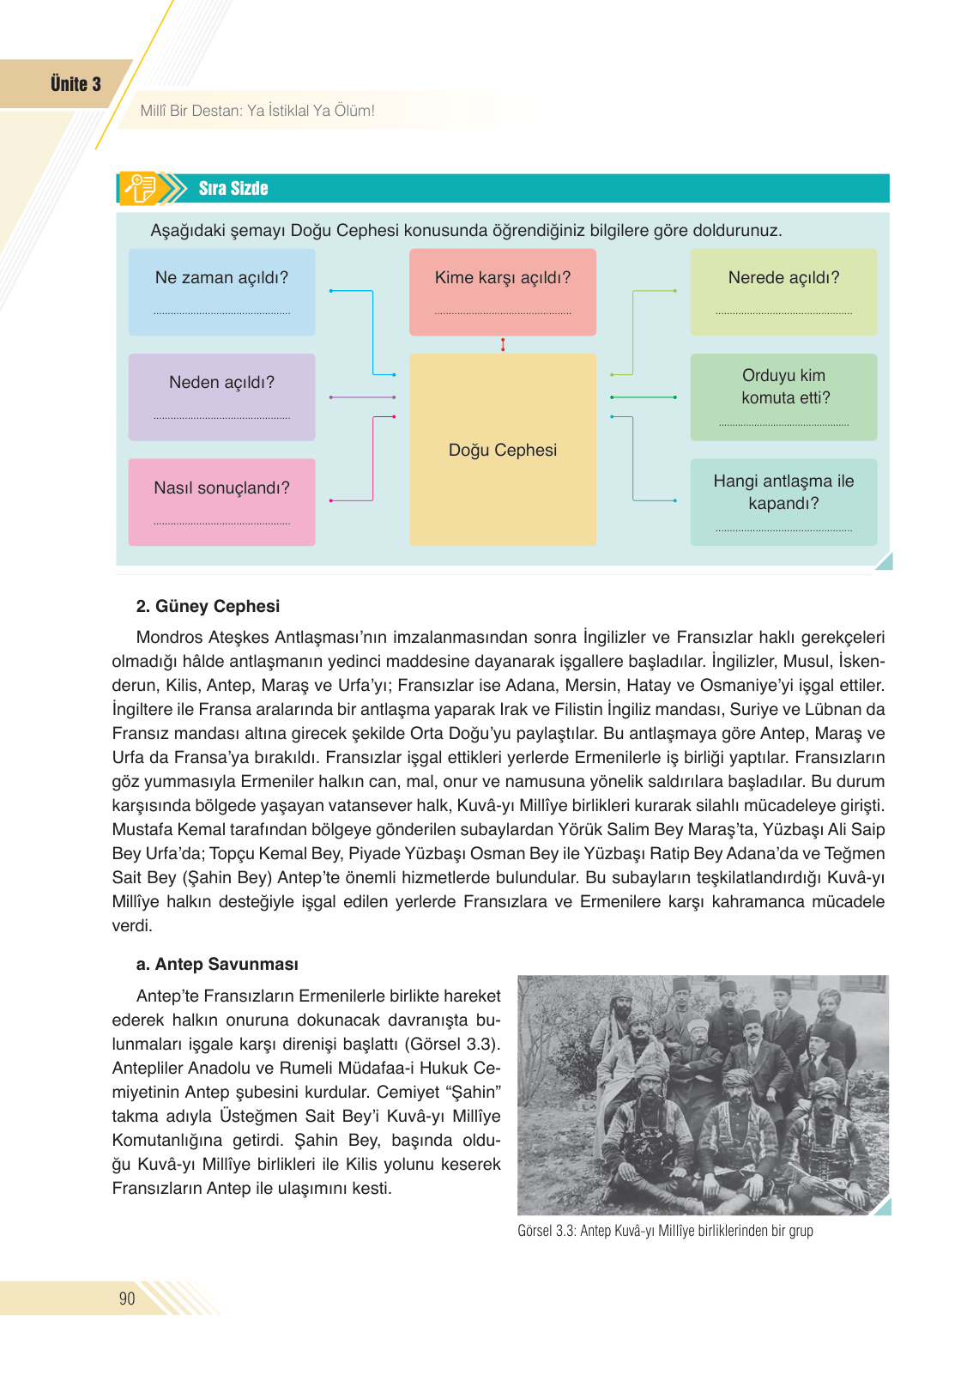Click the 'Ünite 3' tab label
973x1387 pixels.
[x=76, y=84]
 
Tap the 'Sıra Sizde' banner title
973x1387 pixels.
[x=233, y=189]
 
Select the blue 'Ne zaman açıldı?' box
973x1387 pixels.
[x=221, y=292]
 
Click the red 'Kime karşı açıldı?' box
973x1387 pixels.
[x=502, y=292]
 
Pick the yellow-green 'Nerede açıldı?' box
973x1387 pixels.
[x=783, y=292]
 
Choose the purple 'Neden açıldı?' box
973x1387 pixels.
[x=221, y=397]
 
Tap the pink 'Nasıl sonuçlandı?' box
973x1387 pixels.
[x=221, y=502]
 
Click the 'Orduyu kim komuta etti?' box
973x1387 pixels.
[x=783, y=397]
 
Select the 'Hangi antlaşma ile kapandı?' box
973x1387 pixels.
[x=783, y=502]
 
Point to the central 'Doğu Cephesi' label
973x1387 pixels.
[x=503, y=451]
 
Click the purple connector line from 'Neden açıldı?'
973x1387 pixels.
[x=362, y=397]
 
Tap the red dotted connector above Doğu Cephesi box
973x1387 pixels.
[x=503, y=344]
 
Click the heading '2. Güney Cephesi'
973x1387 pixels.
[x=208, y=606]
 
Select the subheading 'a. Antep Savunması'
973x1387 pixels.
[x=217, y=964]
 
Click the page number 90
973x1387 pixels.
[x=127, y=1299]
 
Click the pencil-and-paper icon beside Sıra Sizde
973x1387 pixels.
[x=141, y=188]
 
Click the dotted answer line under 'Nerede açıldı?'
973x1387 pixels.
[x=783, y=314]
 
